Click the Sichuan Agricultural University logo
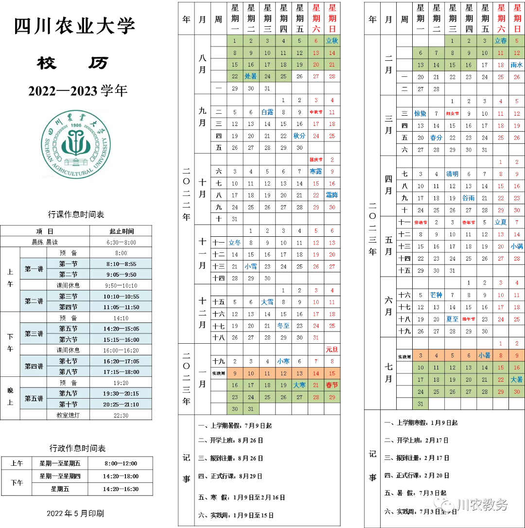[75, 144]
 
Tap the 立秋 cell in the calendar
[332, 41]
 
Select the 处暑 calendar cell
[251, 76]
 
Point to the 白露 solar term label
[267, 112]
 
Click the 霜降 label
[332, 195]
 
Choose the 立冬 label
[235, 243]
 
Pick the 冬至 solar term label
[283, 326]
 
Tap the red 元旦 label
[332, 350]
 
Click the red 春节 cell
[332, 386]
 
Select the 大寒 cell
[299, 386]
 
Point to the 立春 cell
[501, 41]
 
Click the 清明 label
[452, 174]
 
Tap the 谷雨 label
[469, 198]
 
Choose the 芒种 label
[436, 295]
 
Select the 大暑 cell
[517, 380]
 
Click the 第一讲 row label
[34, 269]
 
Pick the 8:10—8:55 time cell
[121, 264]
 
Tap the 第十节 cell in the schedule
[68, 405]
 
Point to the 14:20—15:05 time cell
[121, 329]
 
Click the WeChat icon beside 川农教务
[443, 504]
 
